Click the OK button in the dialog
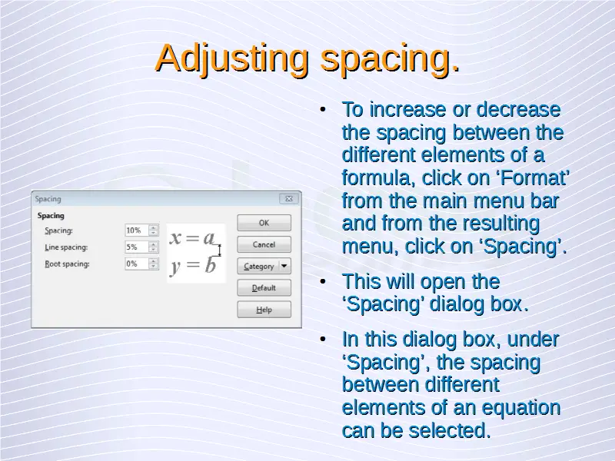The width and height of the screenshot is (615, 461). point(264,223)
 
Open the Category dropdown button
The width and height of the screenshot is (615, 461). point(264,266)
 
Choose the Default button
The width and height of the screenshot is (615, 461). point(264,287)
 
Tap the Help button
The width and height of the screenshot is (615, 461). point(264,310)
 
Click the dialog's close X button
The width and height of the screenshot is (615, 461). point(289,199)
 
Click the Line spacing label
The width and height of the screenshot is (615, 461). point(66,247)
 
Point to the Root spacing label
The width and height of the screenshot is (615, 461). point(67,264)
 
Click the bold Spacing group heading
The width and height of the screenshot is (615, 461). point(51,216)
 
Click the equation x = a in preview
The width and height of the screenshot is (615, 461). point(192,237)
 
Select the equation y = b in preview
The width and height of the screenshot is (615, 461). point(193,265)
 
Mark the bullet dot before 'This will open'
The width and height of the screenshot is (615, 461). point(323,281)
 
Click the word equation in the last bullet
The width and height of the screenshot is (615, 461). point(521,409)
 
